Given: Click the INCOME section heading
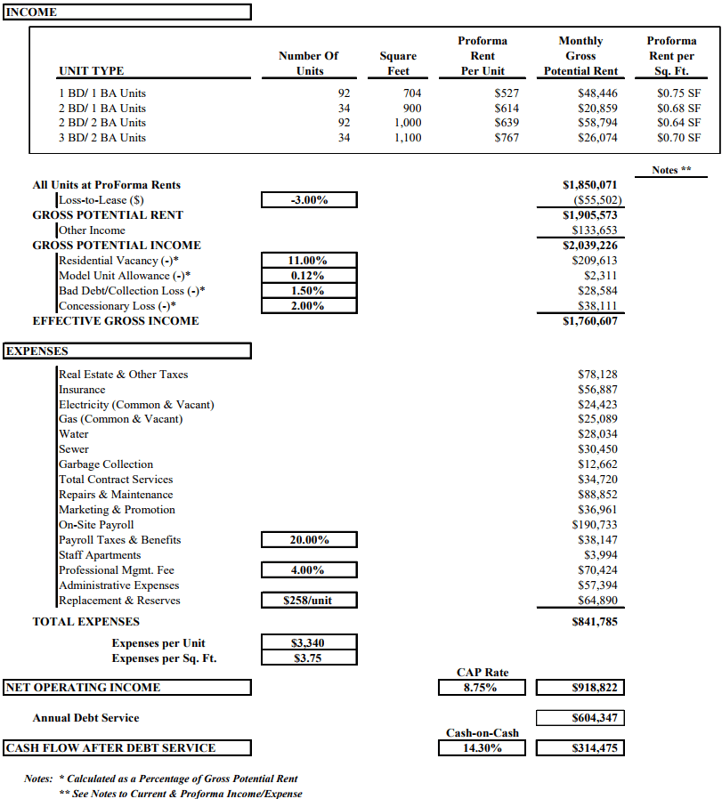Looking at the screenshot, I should [x=32, y=12].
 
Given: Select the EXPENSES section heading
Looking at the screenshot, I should [x=37, y=351].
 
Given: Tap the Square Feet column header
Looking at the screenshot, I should [x=398, y=63].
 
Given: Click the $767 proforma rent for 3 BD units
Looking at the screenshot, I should [x=506, y=138].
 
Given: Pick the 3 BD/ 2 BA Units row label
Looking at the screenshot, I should [x=101, y=138].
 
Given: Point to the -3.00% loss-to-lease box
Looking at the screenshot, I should [x=309, y=200].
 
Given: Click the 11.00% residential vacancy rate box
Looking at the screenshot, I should [x=309, y=261].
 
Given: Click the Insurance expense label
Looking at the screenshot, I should [x=82, y=390].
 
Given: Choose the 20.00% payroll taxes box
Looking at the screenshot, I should [x=309, y=540].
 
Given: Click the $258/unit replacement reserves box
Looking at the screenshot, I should [x=309, y=601].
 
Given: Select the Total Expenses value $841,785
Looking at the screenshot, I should [x=594, y=622].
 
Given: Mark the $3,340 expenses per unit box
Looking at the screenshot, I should [x=309, y=643].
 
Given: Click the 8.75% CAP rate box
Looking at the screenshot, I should [x=480, y=688].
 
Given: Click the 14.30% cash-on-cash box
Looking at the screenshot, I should [x=480, y=748].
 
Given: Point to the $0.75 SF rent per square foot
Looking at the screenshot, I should [x=677, y=93].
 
